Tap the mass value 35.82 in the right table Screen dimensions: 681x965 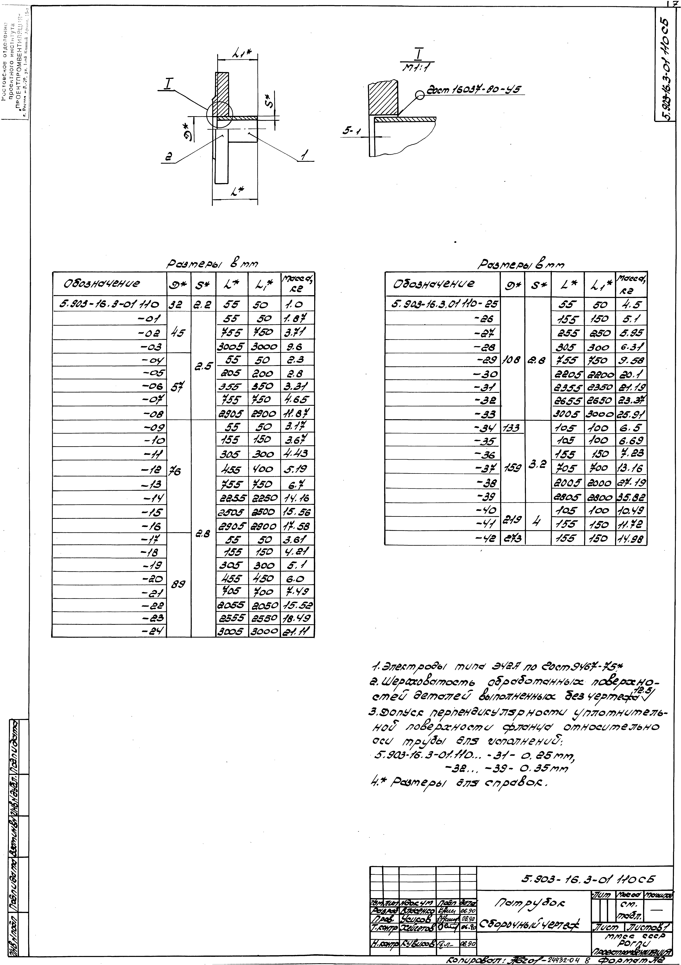(x=631, y=497)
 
